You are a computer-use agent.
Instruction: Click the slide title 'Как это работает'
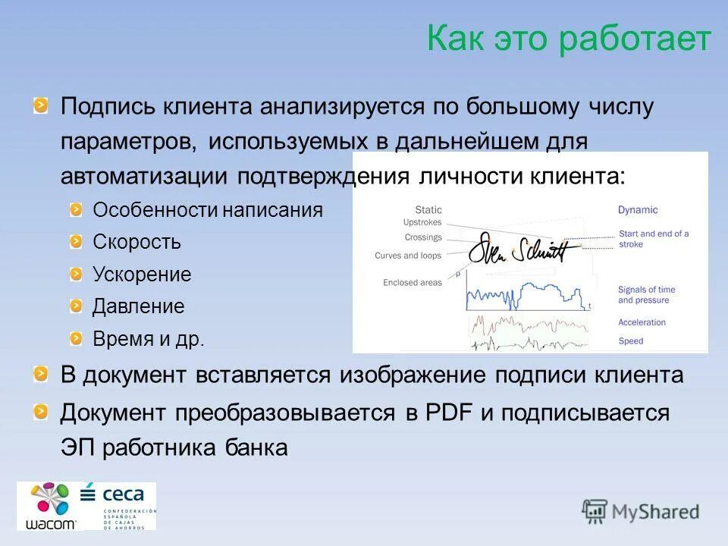[x=569, y=39]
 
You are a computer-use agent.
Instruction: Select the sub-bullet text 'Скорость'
[x=136, y=243]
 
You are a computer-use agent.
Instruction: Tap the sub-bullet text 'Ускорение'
[x=142, y=275]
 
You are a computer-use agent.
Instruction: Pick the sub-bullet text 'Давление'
[x=138, y=307]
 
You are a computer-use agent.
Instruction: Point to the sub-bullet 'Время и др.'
[x=148, y=339]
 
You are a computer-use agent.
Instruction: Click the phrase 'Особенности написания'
[x=207, y=210]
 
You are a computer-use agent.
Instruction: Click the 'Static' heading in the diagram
[x=428, y=210]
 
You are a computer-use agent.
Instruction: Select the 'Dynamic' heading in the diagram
[x=638, y=210]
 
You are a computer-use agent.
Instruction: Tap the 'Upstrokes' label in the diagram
[x=422, y=223]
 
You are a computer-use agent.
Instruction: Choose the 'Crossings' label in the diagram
[x=422, y=237]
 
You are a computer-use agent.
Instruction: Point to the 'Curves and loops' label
[x=408, y=256]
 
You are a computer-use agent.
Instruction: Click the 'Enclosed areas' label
[x=412, y=283]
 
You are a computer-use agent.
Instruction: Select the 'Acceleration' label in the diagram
[x=642, y=322]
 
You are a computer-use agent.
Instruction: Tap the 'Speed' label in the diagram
[x=630, y=341]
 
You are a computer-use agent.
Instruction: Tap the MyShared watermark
[x=641, y=512]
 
